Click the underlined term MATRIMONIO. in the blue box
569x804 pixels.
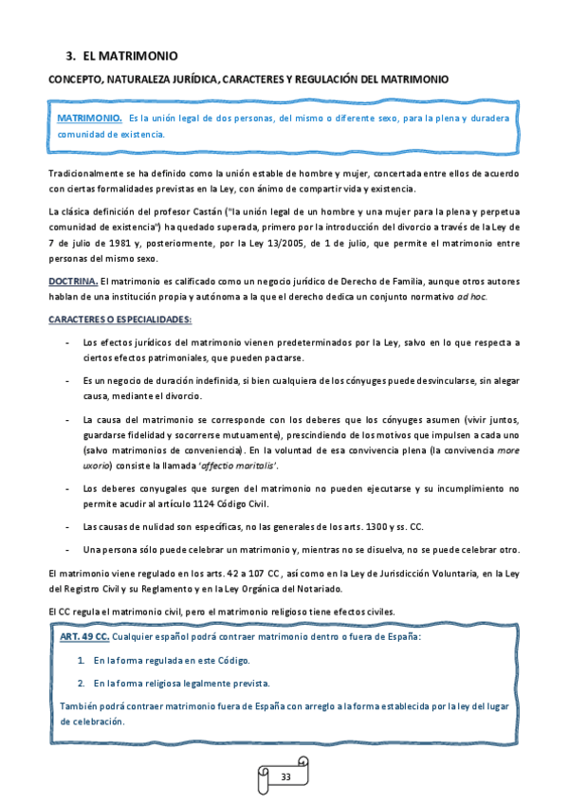click(x=89, y=119)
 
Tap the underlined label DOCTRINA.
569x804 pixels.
click(x=72, y=282)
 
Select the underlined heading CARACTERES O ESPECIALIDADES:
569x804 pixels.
click(x=120, y=319)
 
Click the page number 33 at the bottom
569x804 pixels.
click(x=285, y=777)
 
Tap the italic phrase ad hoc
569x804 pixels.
click(x=472, y=297)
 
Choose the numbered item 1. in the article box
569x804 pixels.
click(x=82, y=660)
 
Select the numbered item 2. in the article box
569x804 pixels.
click(x=82, y=683)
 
